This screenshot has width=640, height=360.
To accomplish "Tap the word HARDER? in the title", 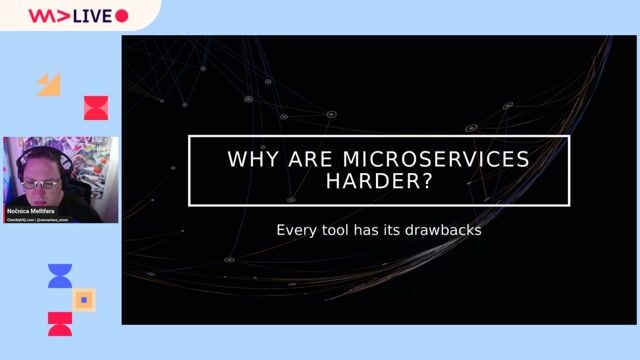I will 379,182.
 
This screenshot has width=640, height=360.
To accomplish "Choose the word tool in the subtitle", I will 336,230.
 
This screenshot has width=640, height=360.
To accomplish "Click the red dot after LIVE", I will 122,16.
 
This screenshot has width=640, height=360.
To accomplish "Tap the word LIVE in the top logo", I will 92,16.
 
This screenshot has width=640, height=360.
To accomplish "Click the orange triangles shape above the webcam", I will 49,85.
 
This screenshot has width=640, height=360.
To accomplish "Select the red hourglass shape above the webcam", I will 95,108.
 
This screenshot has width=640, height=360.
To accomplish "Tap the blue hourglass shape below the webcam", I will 60,276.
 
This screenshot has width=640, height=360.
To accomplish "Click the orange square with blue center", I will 84,299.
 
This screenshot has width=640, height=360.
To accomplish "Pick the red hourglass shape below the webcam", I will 60,323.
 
